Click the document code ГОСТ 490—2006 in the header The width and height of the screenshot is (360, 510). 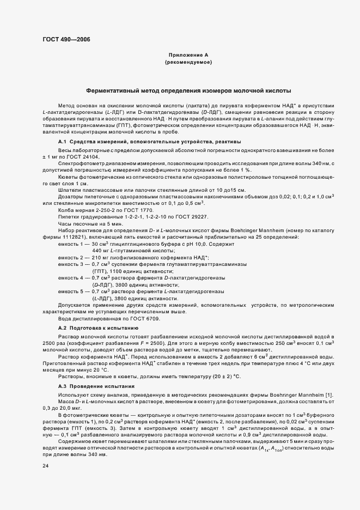pos(66,39)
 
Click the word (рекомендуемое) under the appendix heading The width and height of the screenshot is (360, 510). pos(188,63)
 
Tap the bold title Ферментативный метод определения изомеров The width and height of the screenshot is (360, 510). pos(188,90)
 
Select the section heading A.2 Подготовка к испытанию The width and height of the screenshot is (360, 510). pos(94,329)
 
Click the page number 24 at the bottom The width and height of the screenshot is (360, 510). pos(45,466)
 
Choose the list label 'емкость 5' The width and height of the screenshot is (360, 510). pos(71,291)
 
